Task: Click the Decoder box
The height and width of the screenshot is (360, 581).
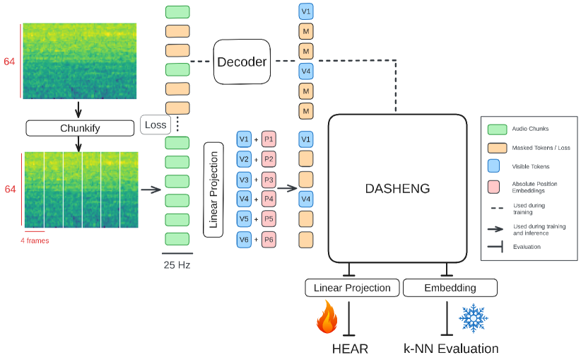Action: (242, 62)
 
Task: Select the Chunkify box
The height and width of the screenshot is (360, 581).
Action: (80, 128)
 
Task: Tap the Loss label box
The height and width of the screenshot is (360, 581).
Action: (155, 124)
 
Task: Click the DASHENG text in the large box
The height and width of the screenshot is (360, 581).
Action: (398, 188)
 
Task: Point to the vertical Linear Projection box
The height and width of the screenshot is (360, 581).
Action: (213, 190)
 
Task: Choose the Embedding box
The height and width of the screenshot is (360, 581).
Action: (450, 288)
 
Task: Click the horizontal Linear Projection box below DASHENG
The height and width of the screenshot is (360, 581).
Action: (353, 288)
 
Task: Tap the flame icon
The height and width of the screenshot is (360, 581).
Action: (327, 317)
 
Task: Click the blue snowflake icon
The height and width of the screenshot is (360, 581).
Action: (473, 318)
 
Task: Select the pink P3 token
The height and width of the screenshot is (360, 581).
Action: (269, 180)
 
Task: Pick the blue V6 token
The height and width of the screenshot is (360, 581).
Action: (244, 240)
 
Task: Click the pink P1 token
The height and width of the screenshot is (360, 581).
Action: (269, 139)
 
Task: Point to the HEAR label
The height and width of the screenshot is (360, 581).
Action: (350, 349)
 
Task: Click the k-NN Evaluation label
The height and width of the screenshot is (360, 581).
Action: (451, 349)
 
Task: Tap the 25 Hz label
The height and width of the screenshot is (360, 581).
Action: (177, 265)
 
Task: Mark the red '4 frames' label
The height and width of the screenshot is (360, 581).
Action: (35, 240)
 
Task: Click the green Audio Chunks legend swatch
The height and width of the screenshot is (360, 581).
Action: (498, 129)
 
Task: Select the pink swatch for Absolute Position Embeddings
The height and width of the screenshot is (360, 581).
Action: (493, 187)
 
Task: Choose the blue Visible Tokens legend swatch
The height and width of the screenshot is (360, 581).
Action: (493, 166)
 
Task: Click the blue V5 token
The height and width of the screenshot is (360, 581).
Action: (244, 219)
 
